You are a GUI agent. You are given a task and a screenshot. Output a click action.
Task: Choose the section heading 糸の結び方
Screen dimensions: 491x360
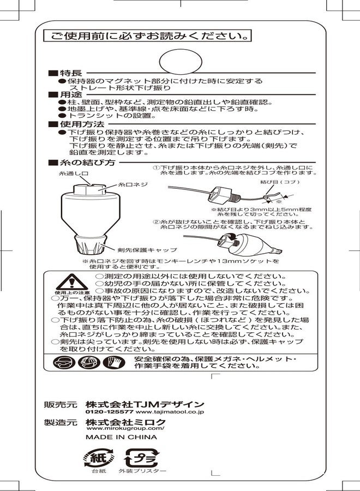(x=85, y=163)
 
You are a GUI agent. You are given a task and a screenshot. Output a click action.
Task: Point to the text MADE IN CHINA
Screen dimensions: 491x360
(x=121, y=437)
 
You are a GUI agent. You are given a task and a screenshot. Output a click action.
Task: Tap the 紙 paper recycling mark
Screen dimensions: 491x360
(x=98, y=457)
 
